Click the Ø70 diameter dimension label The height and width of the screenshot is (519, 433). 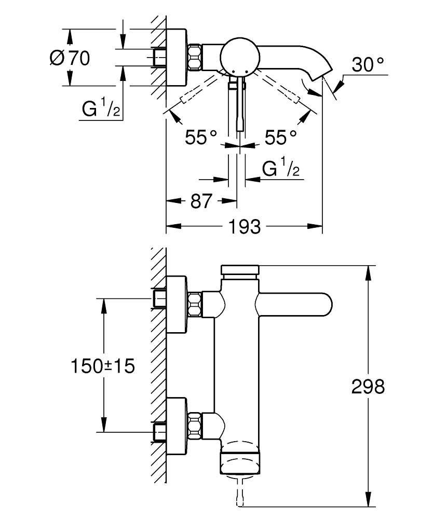pyautogui.click(x=70, y=58)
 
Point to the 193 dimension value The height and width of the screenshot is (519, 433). pyautogui.click(x=244, y=226)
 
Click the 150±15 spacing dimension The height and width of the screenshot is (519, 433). pyautogui.click(x=102, y=366)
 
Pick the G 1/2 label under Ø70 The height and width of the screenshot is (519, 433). pyautogui.click(x=101, y=110)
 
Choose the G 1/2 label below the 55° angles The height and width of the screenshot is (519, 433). pyautogui.click(x=281, y=169)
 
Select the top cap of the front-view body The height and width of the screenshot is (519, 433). pyautogui.click(x=240, y=270)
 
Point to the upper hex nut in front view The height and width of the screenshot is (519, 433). pyautogui.click(x=194, y=304)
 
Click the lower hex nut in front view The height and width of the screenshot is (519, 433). pyautogui.click(x=194, y=424)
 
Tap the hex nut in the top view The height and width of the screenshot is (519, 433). pyautogui.click(x=194, y=57)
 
